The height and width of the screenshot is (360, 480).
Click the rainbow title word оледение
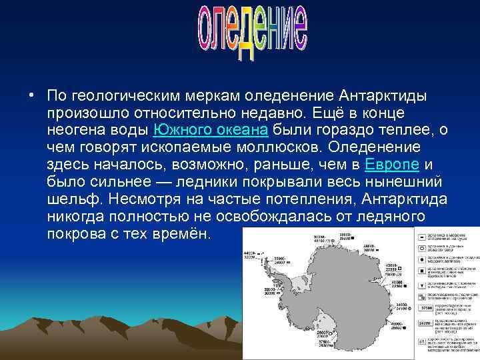click(x=253, y=34)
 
